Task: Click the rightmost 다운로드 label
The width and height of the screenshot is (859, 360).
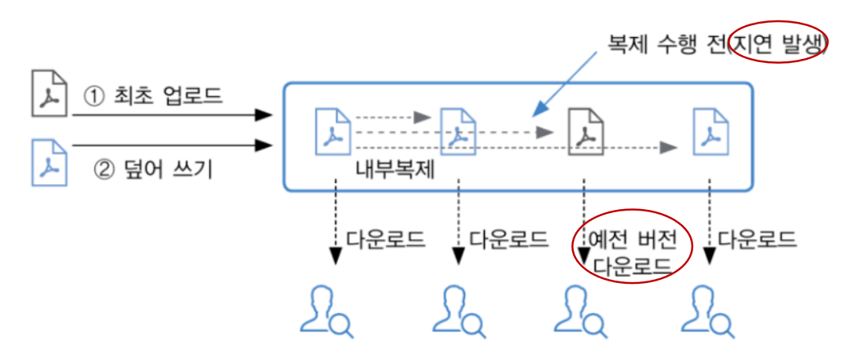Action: (758, 239)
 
